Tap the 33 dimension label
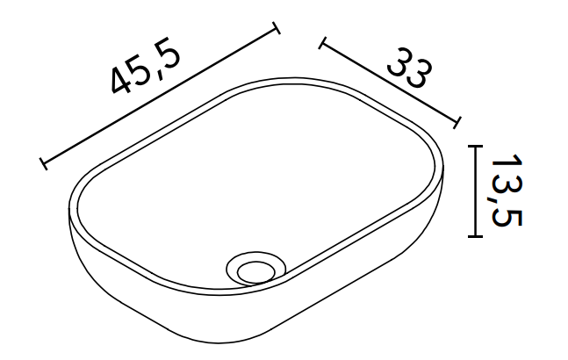pos(410,68)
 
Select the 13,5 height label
pos(507,191)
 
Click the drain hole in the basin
pos(256,268)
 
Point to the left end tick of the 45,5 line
pos(44,163)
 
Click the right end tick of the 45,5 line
pos(277,28)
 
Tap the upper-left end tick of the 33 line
pos(323,43)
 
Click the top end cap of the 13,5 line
pos(475,146)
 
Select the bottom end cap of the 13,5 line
pos(475,236)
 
